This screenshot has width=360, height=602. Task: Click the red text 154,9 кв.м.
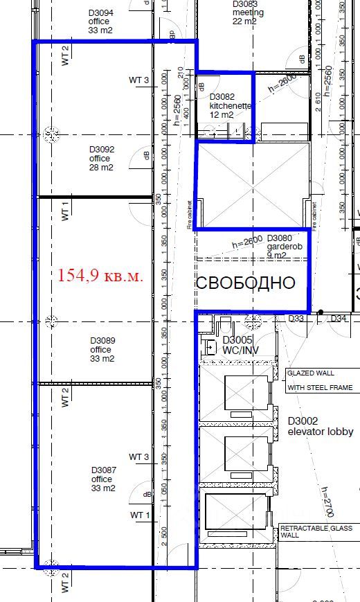pos(100,276)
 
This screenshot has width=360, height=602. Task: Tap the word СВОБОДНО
pos(246,283)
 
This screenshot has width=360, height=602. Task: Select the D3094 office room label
pos(101,21)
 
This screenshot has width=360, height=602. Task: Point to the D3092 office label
pos(101,158)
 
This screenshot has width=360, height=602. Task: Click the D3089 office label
pos(102,349)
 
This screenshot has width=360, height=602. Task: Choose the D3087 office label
pos(102,479)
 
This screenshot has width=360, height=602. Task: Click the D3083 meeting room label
pos(249,12)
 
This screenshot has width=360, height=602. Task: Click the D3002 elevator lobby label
pos(320,426)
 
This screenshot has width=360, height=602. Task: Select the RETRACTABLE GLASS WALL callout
pos(316,532)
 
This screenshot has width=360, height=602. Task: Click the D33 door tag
pos(296,319)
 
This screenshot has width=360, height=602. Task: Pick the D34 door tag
pos(338,319)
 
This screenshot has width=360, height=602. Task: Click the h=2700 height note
pos(327,502)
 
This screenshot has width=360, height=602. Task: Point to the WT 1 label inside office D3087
pos(139,515)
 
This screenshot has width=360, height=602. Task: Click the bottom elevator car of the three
pos(236,513)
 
